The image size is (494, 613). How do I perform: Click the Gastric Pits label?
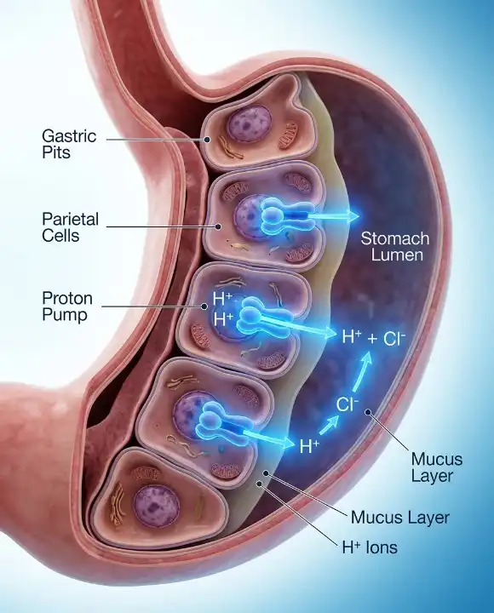(x=69, y=144)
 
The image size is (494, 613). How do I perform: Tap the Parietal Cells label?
(x=70, y=227)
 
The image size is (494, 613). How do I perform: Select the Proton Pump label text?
(x=67, y=306)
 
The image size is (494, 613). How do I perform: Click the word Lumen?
(x=397, y=255)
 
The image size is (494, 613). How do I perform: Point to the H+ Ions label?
(x=370, y=547)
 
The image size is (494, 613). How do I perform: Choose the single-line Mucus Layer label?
(x=400, y=518)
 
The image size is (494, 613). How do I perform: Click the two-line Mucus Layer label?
(x=436, y=467)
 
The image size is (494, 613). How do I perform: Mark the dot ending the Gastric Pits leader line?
(x=207, y=139)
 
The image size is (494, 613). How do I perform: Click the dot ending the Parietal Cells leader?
(x=219, y=226)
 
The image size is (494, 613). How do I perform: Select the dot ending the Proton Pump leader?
(x=204, y=306)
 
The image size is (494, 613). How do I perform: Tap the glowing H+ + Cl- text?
(x=374, y=337)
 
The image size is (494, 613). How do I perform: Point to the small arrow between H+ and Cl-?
(x=329, y=426)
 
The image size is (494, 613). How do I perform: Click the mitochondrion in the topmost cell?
(x=288, y=135)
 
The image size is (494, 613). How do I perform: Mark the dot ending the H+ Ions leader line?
(x=259, y=484)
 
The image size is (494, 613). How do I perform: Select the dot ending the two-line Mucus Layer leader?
(x=367, y=411)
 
